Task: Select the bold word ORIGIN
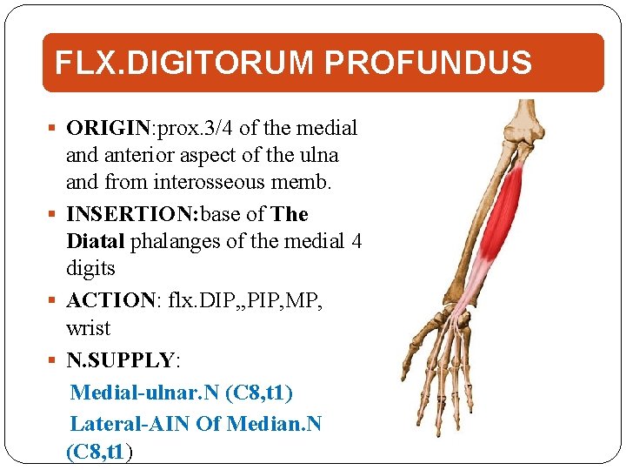(109, 128)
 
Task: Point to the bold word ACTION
(111, 300)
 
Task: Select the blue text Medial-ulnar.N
(144, 393)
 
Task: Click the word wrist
(88, 329)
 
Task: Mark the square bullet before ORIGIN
(55, 129)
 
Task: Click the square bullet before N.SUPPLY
(55, 360)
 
